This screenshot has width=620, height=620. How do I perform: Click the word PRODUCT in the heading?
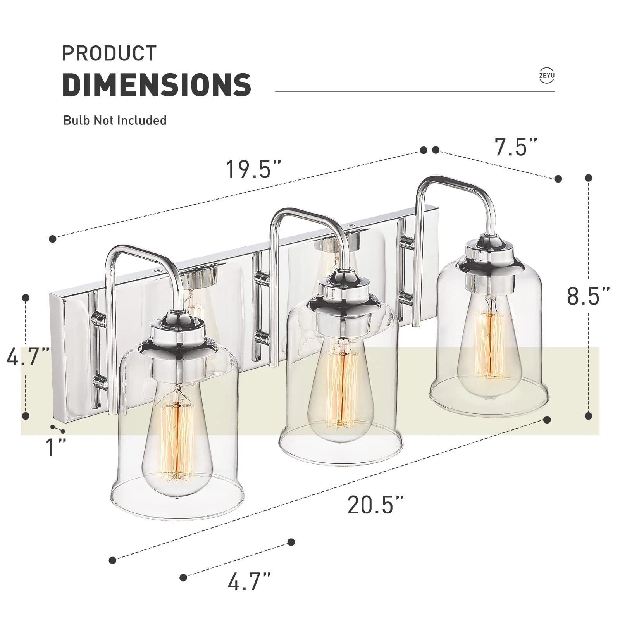pos(109,53)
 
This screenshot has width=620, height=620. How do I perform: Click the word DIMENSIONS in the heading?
pos(157,84)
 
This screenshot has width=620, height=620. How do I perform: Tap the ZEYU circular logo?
pos(546,76)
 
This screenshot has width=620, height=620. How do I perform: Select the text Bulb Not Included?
pos(115,121)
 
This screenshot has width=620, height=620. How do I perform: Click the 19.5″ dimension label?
pos(254,169)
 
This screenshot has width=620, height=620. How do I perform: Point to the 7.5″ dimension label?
pos(516,147)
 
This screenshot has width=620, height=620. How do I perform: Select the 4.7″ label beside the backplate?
pos(28,356)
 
